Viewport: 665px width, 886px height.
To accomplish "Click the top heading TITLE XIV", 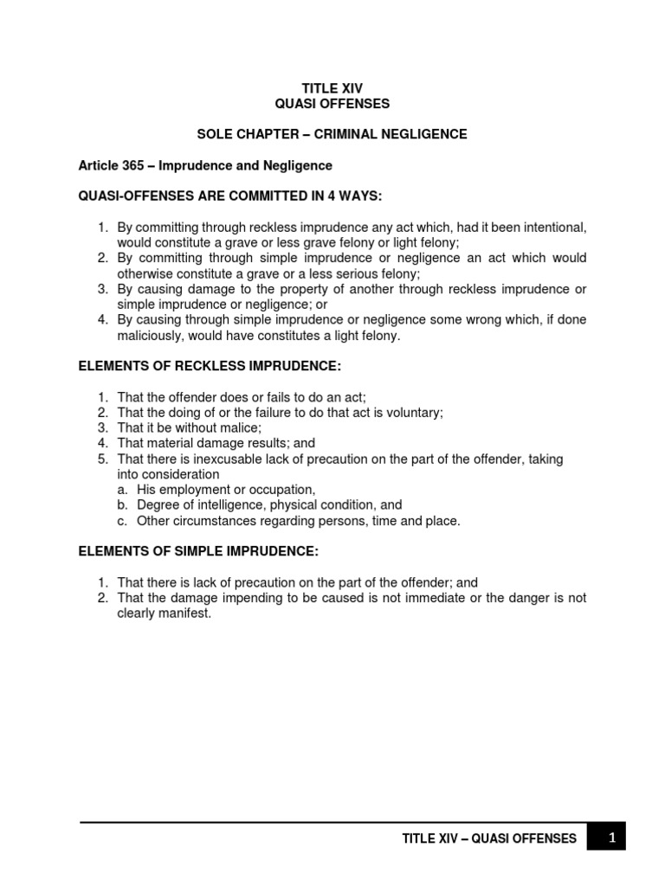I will [x=332, y=87].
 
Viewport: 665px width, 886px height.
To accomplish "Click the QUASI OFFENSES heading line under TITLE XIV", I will [x=332, y=104].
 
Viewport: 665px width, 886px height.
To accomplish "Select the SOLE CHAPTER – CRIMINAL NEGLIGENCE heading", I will [x=332, y=134].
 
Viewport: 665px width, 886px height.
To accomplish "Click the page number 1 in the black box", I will [x=612, y=838].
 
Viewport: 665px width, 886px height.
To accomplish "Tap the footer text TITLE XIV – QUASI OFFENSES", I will [x=490, y=838].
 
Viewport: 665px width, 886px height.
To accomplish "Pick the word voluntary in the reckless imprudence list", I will [x=413, y=413].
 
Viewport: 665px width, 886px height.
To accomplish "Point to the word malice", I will [x=237, y=428].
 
